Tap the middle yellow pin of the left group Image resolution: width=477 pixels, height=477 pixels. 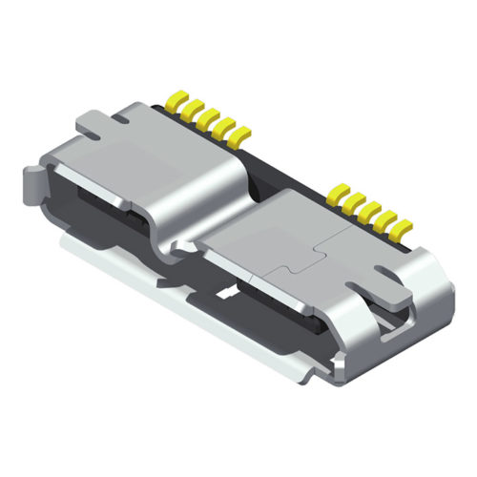point(203,118)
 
